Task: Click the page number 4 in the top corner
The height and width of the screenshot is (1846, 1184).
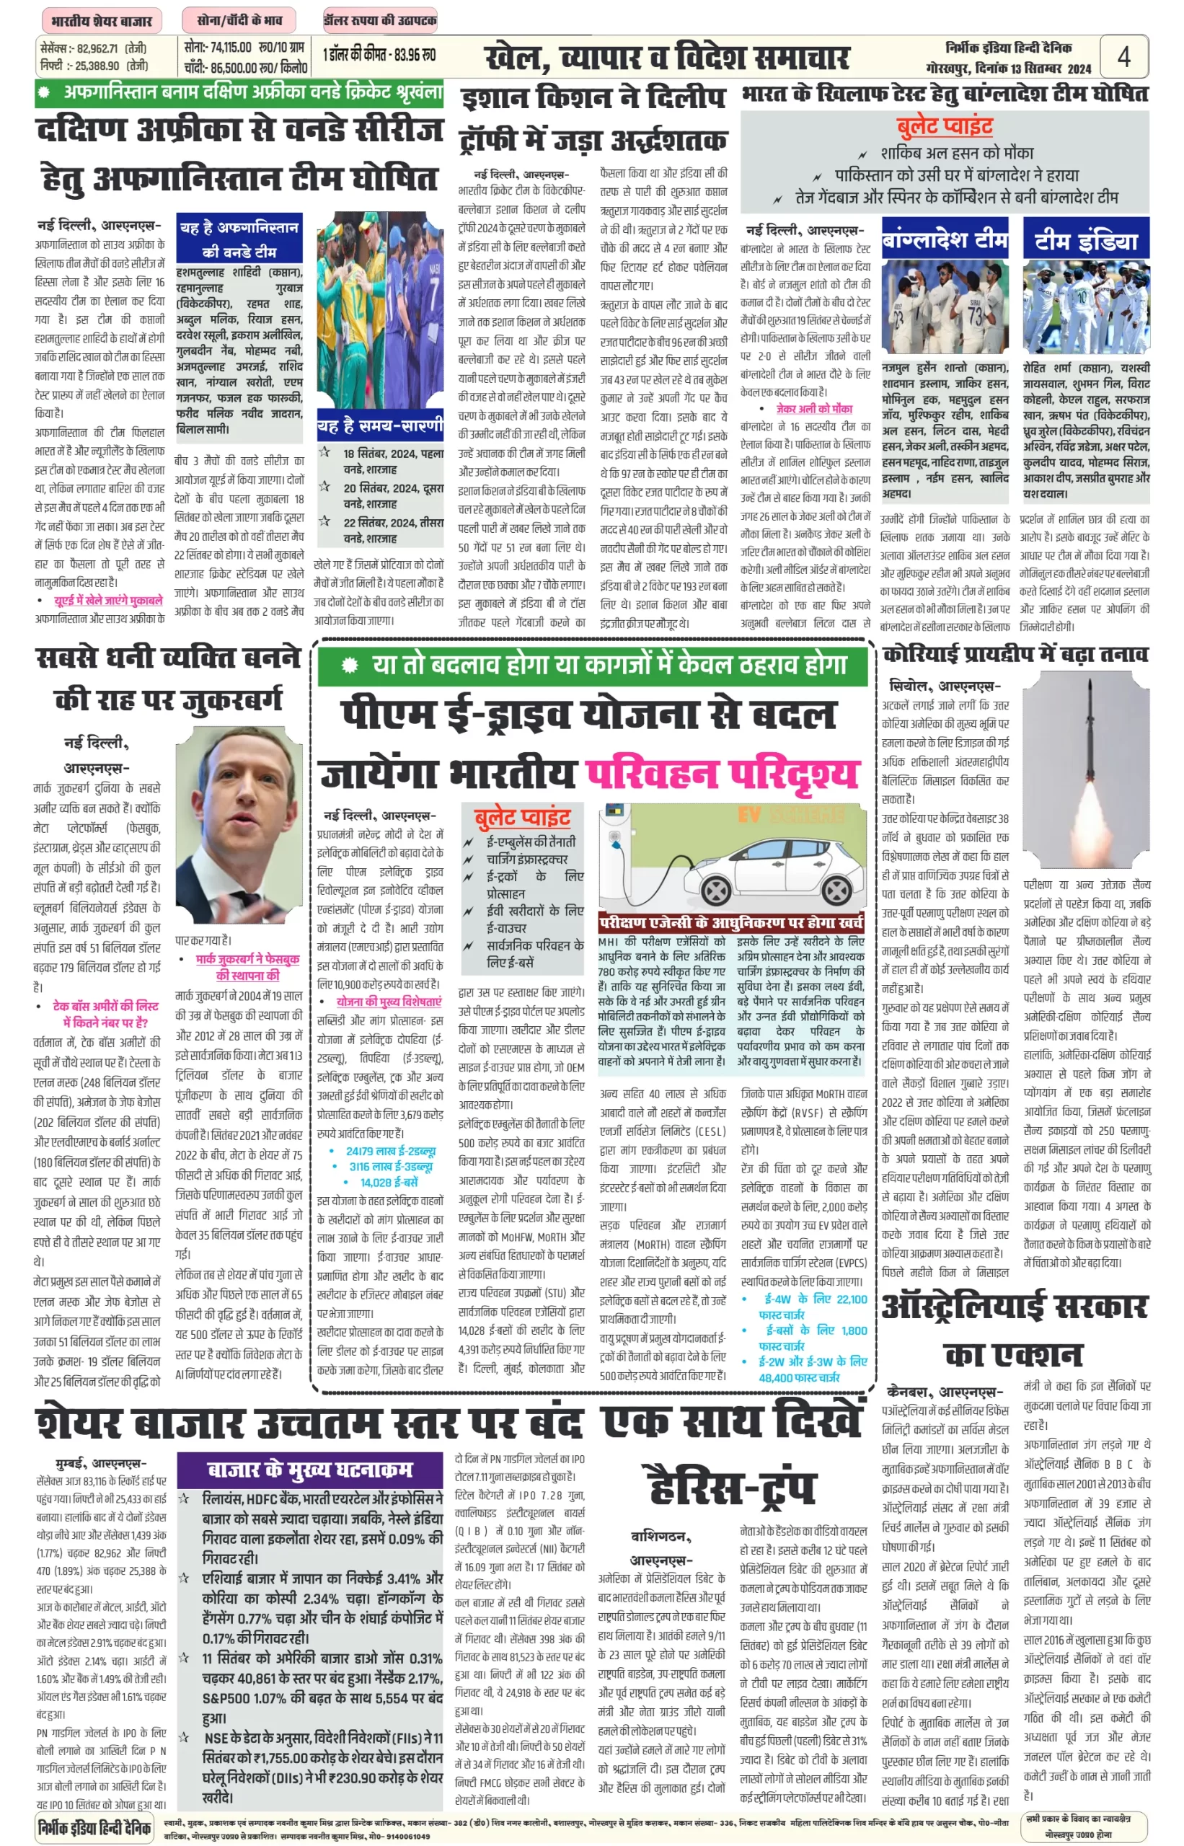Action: tap(1123, 57)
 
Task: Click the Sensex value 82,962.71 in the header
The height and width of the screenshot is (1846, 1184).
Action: tap(97, 48)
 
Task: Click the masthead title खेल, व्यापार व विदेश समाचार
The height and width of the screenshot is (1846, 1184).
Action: tap(666, 58)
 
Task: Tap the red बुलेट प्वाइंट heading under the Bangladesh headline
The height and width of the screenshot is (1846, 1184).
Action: tap(944, 126)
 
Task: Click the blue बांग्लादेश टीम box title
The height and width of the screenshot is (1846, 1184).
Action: tap(945, 240)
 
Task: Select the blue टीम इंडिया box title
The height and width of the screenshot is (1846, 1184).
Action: tap(1086, 240)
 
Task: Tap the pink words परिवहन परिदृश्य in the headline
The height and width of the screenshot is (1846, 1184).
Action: tap(721, 774)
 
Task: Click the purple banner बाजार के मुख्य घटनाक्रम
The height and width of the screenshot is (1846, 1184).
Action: tap(310, 1470)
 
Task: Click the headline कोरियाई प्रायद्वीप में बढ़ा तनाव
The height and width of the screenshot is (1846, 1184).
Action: tap(1015, 654)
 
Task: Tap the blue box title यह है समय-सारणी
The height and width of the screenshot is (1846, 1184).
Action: tap(380, 426)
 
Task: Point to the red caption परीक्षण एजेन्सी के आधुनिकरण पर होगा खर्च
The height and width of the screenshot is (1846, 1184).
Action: tap(731, 922)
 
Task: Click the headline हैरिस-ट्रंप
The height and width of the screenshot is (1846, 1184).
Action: tap(731, 1486)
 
